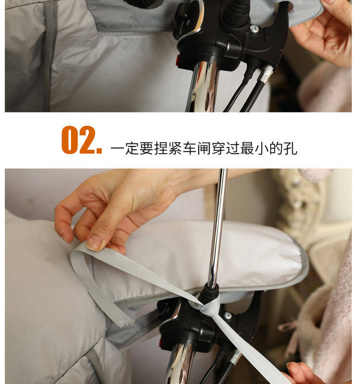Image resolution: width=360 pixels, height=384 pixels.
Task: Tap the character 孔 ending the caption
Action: [290, 148]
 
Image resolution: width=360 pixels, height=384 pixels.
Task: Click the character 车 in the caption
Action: [189, 148]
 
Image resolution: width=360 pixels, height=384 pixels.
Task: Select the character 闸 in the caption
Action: [204, 148]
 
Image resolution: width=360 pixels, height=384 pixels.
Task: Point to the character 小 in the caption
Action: [262, 148]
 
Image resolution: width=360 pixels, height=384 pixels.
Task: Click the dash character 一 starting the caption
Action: [118, 148]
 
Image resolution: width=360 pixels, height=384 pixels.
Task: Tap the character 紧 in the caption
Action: [175, 148]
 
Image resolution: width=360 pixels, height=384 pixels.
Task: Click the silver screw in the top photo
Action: [254, 29]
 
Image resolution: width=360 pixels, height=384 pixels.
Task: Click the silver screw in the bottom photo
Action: [228, 315]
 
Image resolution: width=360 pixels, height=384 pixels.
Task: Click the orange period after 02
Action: [99, 150]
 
